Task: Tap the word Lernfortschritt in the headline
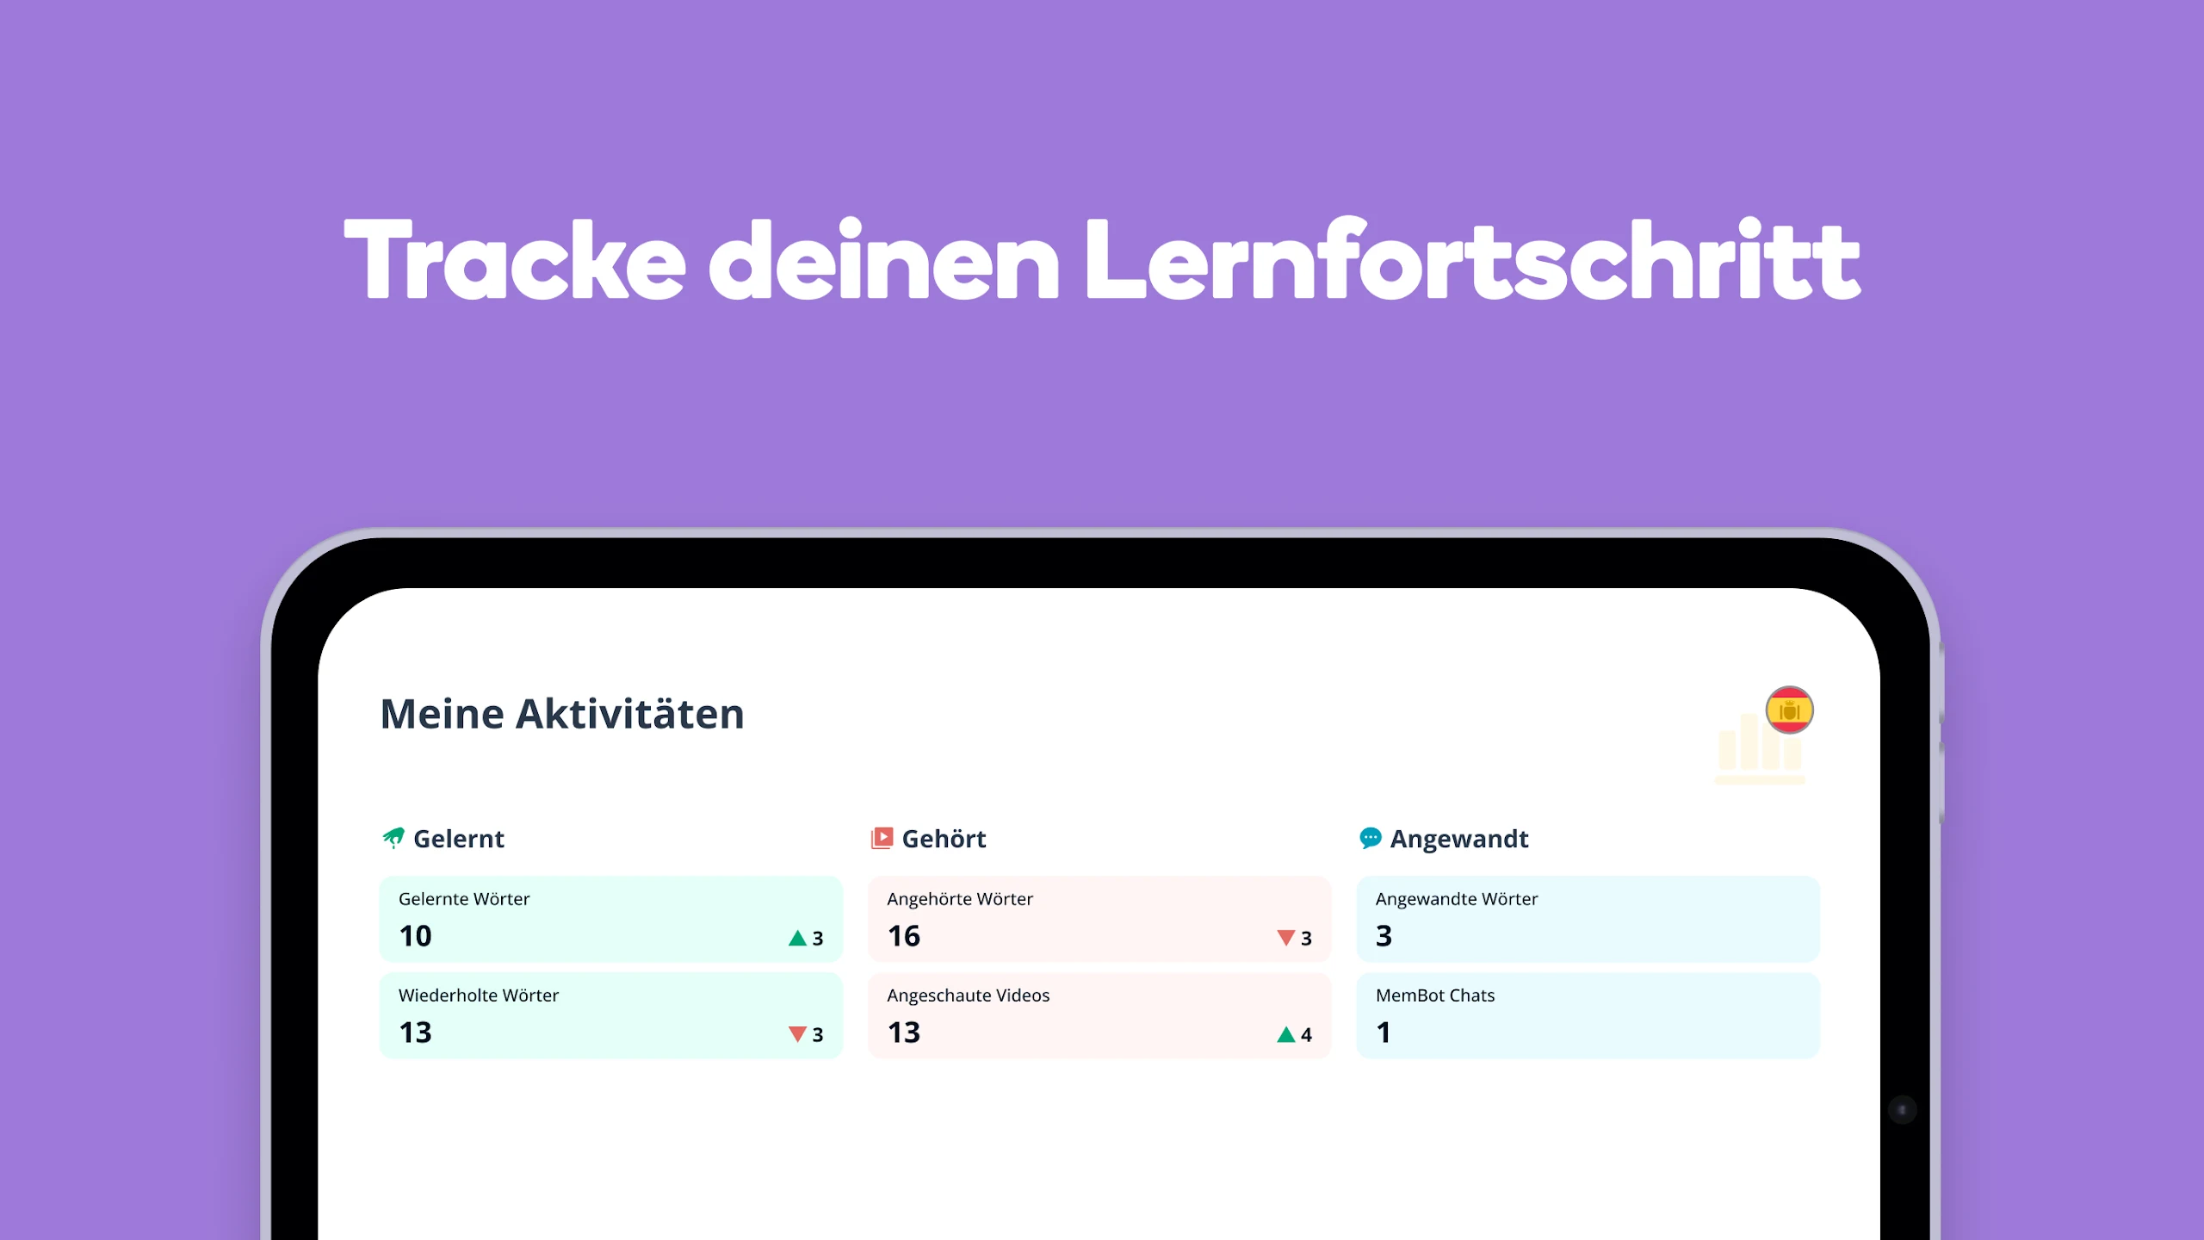[1472, 258]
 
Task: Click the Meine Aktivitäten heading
[562, 714]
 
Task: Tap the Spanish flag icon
[1789, 710]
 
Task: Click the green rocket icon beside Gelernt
[393, 838]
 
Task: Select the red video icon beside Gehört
[882, 838]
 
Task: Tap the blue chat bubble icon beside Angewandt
[1370, 838]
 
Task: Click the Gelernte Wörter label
[464, 899]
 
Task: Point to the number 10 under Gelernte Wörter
[415, 936]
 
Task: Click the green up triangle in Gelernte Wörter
[798, 938]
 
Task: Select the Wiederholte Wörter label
[479, 995]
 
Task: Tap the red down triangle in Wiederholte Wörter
[798, 1034]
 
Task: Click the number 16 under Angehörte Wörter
[904, 936]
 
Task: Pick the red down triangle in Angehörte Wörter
[1286, 938]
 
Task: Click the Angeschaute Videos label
[969, 995]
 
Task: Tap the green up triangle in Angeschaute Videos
[1286, 1034]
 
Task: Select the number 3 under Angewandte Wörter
[1384, 936]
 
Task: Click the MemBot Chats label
[1435, 995]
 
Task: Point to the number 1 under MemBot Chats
[1383, 1032]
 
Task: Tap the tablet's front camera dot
[1902, 1110]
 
